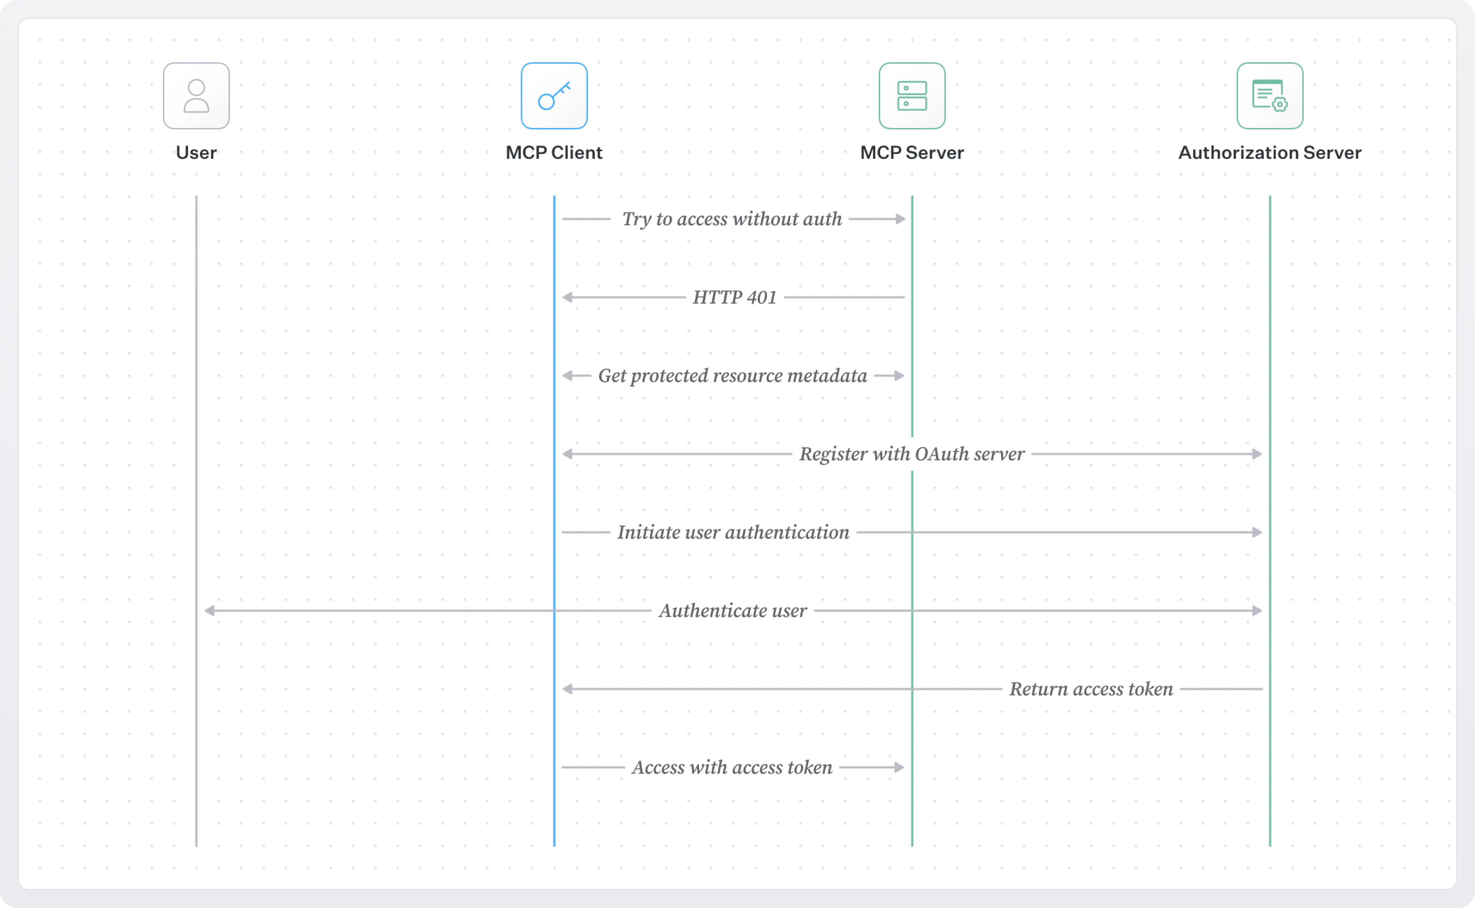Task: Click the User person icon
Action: click(196, 96)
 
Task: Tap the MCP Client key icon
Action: click(554, 96)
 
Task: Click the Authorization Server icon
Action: click(1270, 96)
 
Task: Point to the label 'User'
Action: click(196, 152)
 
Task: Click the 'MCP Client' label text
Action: click(554, 152)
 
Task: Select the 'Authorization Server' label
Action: click(1270, 152)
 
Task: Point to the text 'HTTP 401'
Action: click(734, 297)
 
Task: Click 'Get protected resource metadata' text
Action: click(732, 376)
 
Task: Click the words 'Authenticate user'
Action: click(733, 611)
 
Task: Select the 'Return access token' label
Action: click(1091, 689)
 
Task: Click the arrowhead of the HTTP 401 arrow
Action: click(567, 297)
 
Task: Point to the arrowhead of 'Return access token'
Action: click(567, 689)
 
